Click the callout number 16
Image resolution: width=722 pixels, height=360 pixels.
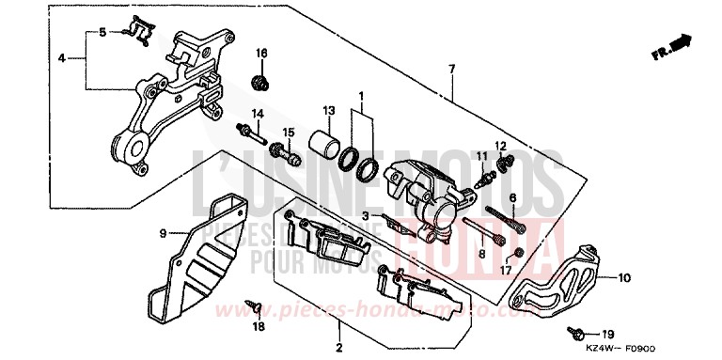click(262, 53)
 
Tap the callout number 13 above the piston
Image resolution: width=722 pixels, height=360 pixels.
click(330, 109)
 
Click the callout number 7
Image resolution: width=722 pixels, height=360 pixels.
click(451, 70)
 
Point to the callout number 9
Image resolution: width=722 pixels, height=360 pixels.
click(163, 232)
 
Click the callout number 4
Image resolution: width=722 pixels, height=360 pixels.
click(61, 57)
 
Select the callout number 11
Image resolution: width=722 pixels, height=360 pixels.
click(479, 155)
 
